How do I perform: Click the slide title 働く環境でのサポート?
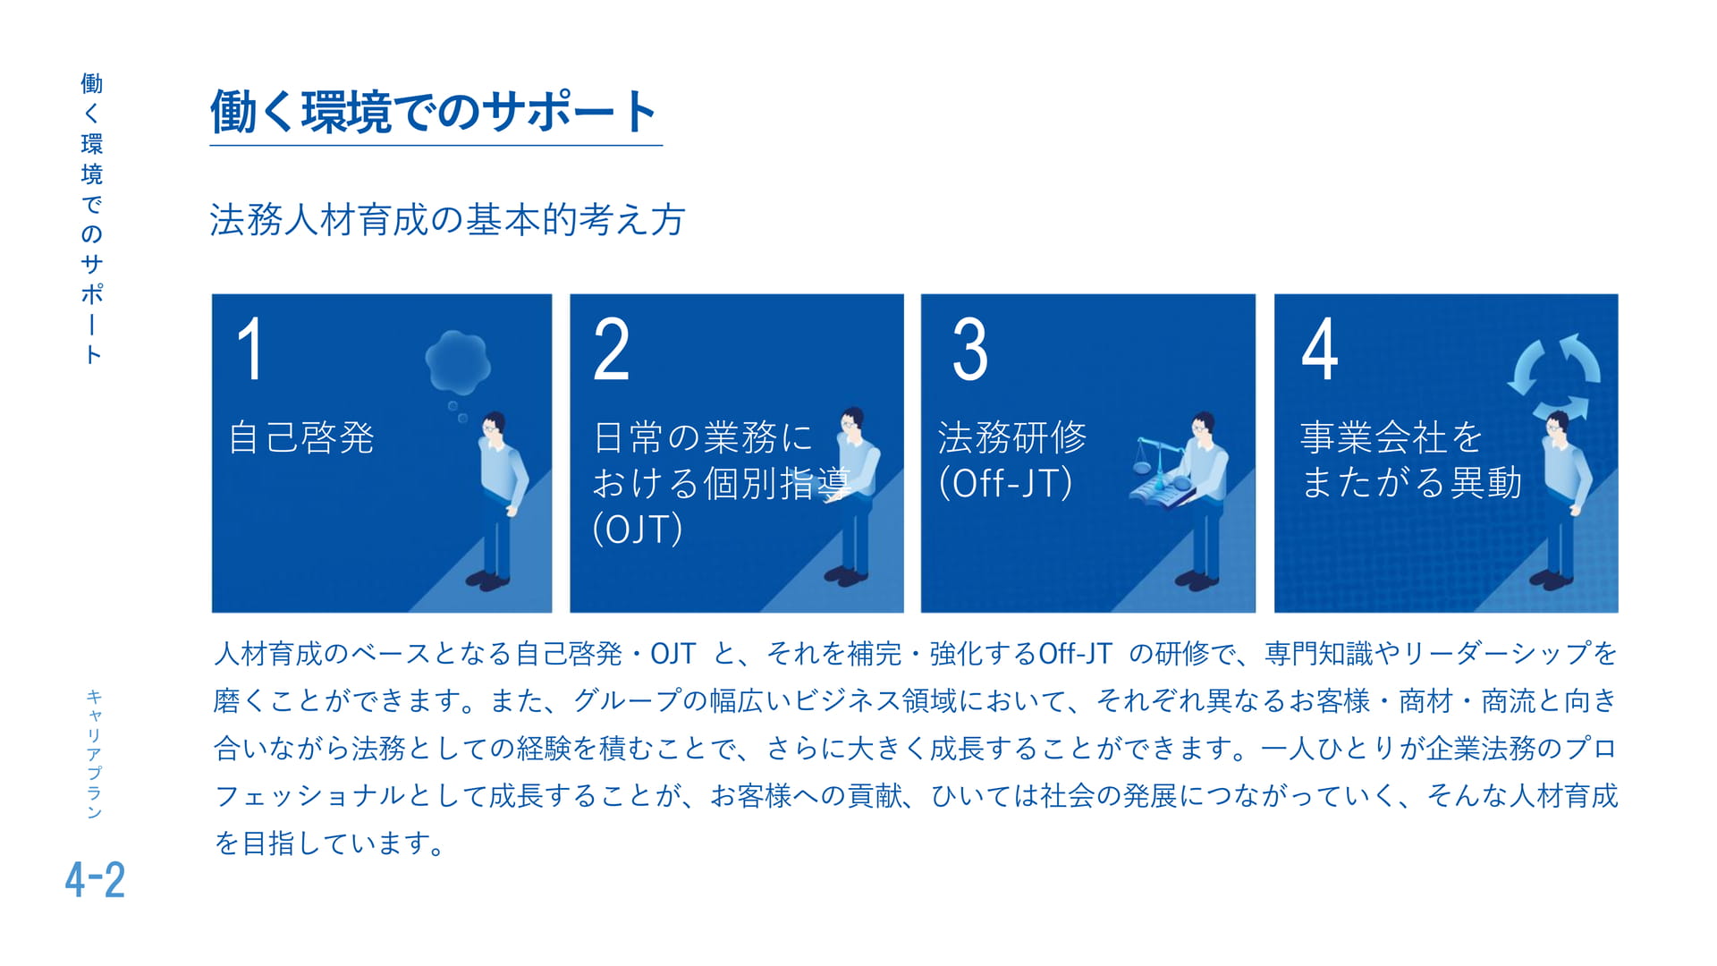pos(434,112)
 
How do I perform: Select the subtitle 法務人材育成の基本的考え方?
pos(447,220)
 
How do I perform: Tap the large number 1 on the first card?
pos(250,350)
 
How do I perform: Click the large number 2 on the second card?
pos(612,350)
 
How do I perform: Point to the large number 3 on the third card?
pos(970,350)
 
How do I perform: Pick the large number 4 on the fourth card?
pos(1320,350)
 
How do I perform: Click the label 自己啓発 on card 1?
pos(301,437)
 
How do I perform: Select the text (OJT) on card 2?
pos(638,529)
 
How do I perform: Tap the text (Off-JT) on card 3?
pos(1005,483)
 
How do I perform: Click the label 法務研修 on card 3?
pos(1012,437)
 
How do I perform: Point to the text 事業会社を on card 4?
pos(1391,437)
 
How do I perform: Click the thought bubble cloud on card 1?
pos(458,363)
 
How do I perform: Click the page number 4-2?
pos(95,879)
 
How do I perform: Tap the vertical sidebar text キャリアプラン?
pos(94,754)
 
